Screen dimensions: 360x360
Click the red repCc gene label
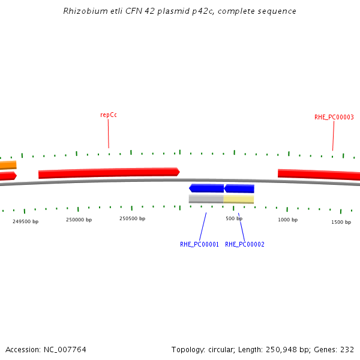[x=108, y=115]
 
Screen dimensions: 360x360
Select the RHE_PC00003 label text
[x=334, y=118]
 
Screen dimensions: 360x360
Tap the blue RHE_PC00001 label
[x=199, y=245]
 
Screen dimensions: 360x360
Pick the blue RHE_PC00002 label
[x=244, y=245]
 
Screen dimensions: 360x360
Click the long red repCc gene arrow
[x=109, y=173]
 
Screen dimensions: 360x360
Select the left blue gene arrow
[x=206, y=188]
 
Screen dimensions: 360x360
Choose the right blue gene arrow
[x=239, y=188]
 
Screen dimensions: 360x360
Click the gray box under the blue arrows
[x=206, y=199]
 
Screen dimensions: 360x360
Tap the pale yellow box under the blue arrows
[x=239, y=199]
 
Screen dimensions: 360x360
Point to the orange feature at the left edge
[x=8, y=165]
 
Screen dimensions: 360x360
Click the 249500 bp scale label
[x=25, y=221]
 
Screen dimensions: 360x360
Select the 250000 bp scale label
[x=79, y=220]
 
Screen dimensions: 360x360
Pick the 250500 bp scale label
[x=132, y=219]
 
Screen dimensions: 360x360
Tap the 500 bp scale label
[x=234, y=219]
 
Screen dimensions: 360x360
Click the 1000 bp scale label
[x=287, y=220]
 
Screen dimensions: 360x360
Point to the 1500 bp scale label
[x=341, y=223]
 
